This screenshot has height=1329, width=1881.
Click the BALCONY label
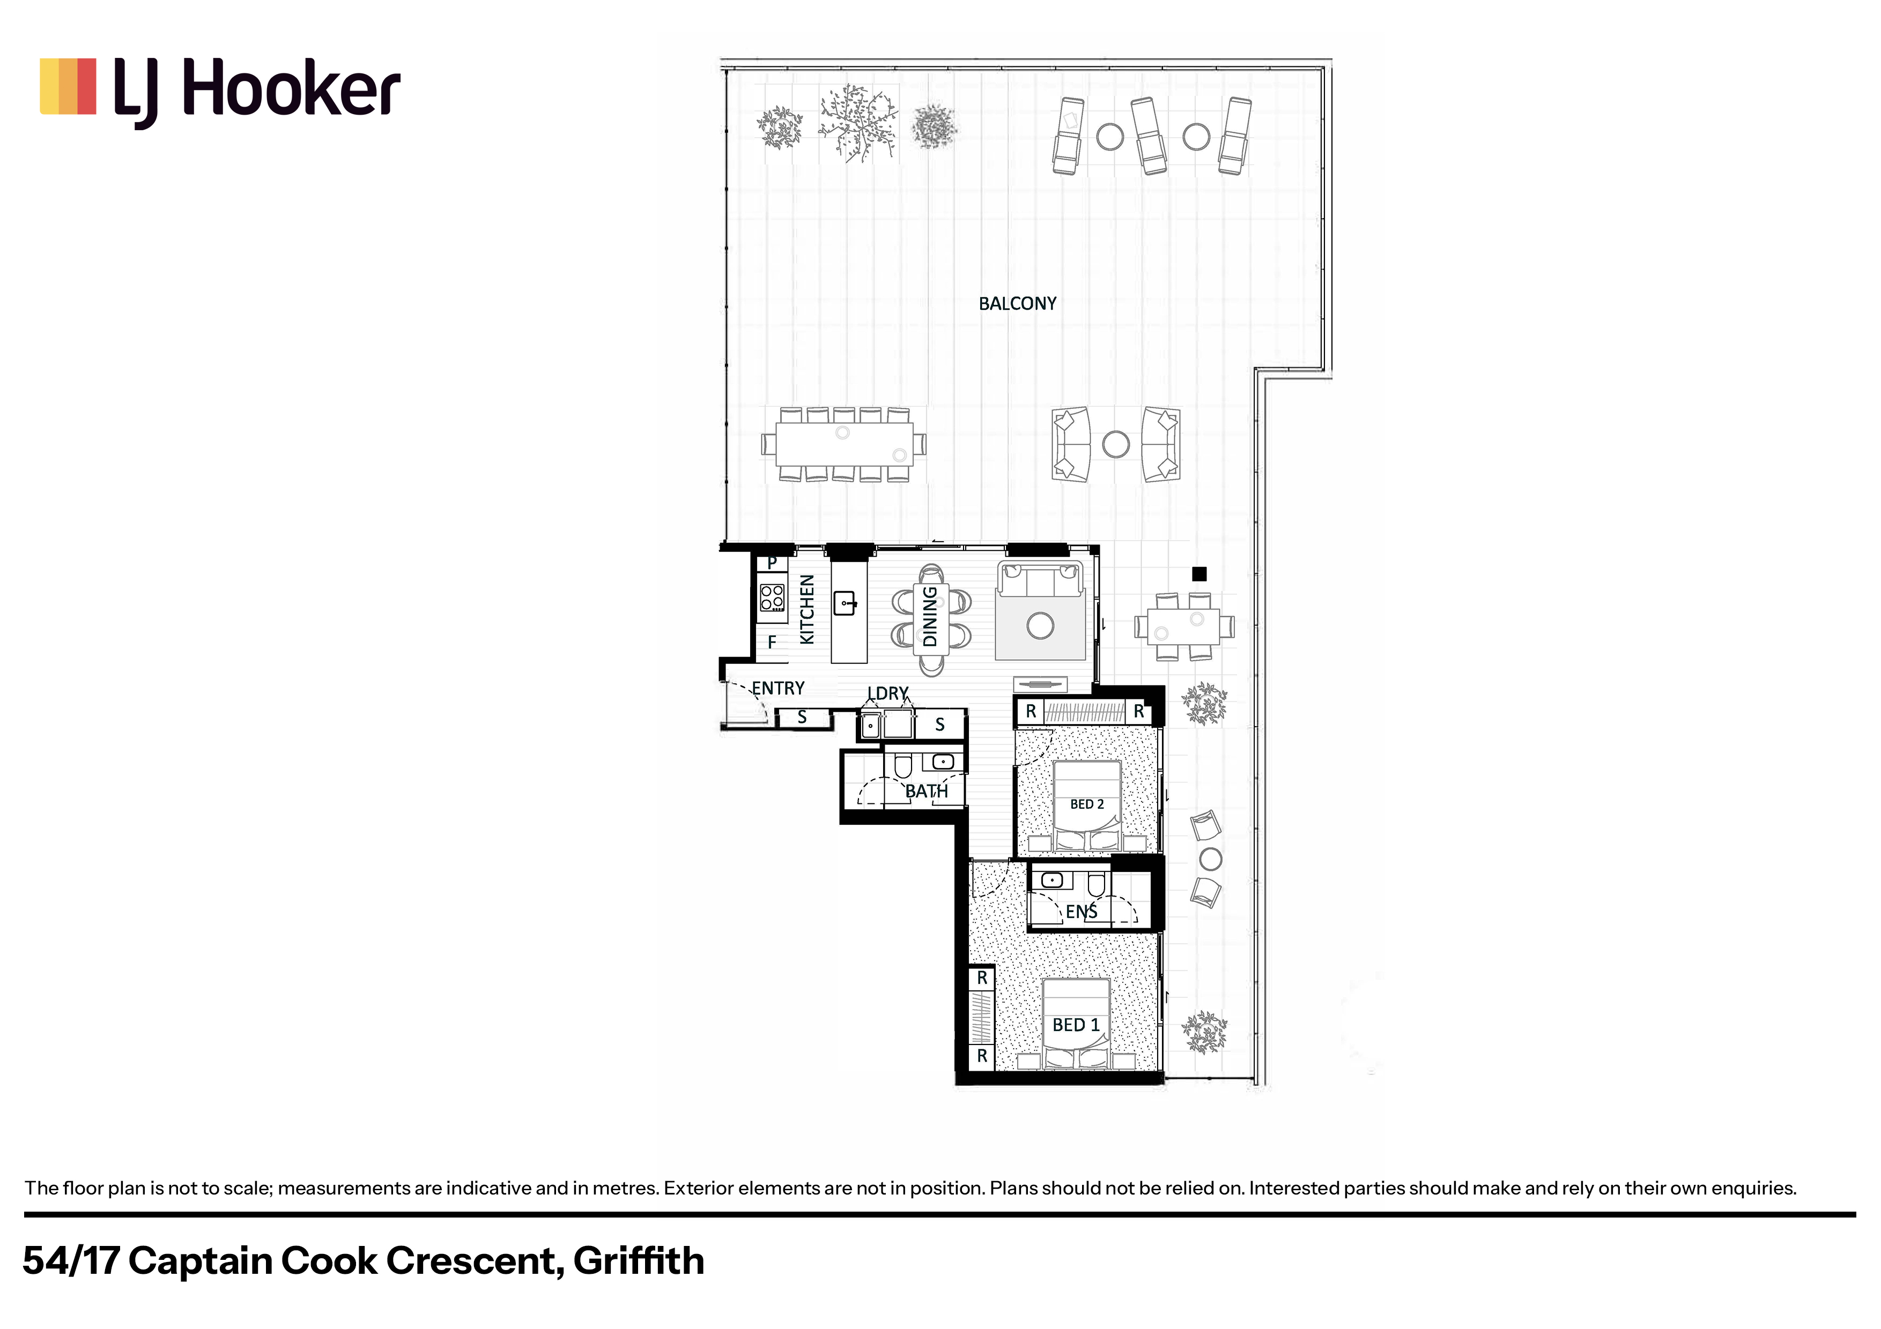(1018, 304)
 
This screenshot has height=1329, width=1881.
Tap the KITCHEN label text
(807, 609)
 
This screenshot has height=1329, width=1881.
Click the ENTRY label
(778, 688)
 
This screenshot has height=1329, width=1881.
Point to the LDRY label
(888, 693)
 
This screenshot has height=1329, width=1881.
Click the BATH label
(927, 791)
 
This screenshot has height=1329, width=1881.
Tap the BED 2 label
(1087, 804)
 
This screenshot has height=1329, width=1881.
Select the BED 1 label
(1076, 1025)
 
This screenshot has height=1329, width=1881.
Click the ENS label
(1082, 912)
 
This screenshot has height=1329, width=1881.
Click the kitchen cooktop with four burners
(772, 597)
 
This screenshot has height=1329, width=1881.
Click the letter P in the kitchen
(772, 563)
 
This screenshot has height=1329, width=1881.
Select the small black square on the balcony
(1199, 574)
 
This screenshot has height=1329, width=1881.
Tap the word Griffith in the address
(639, 1261)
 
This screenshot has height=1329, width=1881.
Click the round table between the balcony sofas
(1116, 445)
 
